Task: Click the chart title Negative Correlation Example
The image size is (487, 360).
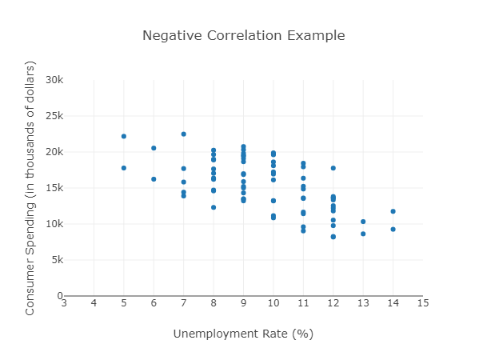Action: (x=243, y=36)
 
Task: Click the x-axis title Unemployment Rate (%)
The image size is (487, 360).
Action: (x=243, y=334)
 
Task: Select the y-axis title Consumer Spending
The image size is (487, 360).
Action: (x=30, y=188)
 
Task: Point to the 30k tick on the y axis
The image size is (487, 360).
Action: (x=54, y=80)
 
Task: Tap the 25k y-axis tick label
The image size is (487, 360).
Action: (x=54, y=116)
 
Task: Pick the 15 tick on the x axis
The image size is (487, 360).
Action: (x=423, y=302)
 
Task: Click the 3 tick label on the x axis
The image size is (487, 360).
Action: (x=64, y=302)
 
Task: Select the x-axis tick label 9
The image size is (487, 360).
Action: (x=243, y=302)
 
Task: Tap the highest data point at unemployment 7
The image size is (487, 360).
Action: (x=184, y=134)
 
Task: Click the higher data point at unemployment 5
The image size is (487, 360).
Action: (x=124, y=136)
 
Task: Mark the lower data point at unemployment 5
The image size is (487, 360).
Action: (x=124, y=168)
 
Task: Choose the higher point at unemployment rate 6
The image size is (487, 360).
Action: (x=154, y=148)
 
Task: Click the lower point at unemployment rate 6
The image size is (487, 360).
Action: (x=154, y=179)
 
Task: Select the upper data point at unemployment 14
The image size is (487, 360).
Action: (x=393, y=211)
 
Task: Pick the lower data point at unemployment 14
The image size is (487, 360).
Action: (x=393, y=230)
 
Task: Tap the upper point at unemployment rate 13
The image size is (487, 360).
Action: (x=363, y=222)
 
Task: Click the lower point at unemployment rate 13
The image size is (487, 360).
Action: (x=363, y=234)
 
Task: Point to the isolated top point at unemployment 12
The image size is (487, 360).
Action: (x=333, y=168)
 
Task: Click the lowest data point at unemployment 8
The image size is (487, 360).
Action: (x=214, y=207)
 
